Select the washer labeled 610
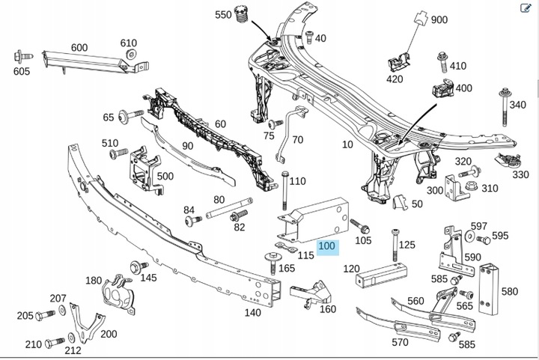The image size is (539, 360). pos(131,55)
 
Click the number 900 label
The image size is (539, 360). pos(439,20)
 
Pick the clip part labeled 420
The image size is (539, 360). pos(396,61)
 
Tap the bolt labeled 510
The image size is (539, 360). pos(115,153)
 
